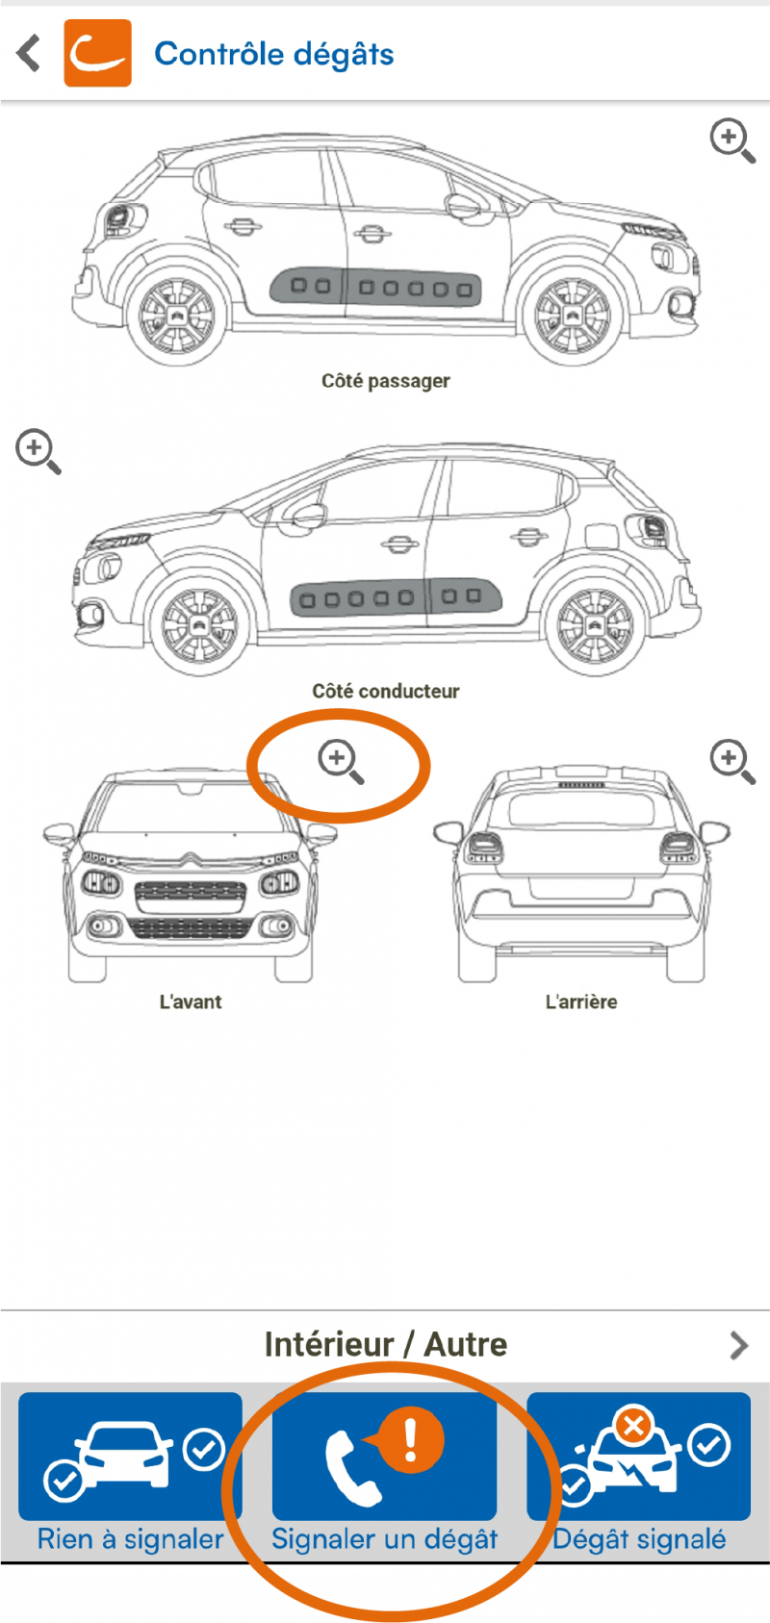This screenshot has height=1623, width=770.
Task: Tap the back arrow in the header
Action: tap(28, 54)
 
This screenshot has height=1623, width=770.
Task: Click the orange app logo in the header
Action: tap(98, 53)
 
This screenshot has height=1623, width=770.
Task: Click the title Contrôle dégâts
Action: tap(274, 54)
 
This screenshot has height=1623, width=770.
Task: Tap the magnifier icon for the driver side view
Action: tap(38, 451)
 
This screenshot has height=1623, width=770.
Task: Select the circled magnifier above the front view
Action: tap(340, 762)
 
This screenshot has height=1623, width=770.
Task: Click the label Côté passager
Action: tap(386, 381)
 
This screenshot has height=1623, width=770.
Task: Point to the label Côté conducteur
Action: tap(386, 691)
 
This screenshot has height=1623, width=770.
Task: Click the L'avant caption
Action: tap(191, 1002)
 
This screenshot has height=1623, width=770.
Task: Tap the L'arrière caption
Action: tap(581, 1002)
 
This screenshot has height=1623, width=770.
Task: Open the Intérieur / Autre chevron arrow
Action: tap(739, 1346)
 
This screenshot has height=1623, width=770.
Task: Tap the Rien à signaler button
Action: tap(131, 1474)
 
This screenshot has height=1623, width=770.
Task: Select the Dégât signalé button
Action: tap(639, 1474)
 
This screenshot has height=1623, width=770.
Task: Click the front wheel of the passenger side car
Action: tap(573, 316)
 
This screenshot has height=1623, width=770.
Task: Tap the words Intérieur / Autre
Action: tap(386, 1345)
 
